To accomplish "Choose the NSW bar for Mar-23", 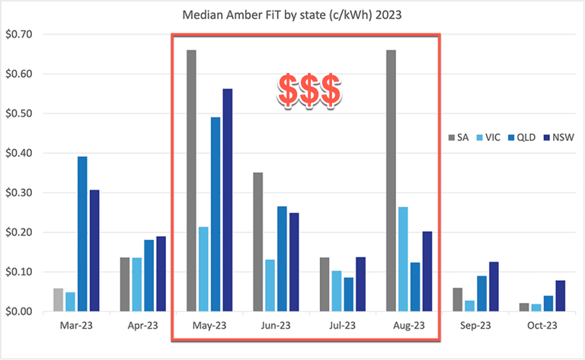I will point(94,250).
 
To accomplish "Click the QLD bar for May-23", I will point(215,214).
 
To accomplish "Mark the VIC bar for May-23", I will point(203,269).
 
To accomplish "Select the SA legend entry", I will point(460,137).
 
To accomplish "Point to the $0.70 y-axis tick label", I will point(18,34).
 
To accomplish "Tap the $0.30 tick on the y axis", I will point(18,193).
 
